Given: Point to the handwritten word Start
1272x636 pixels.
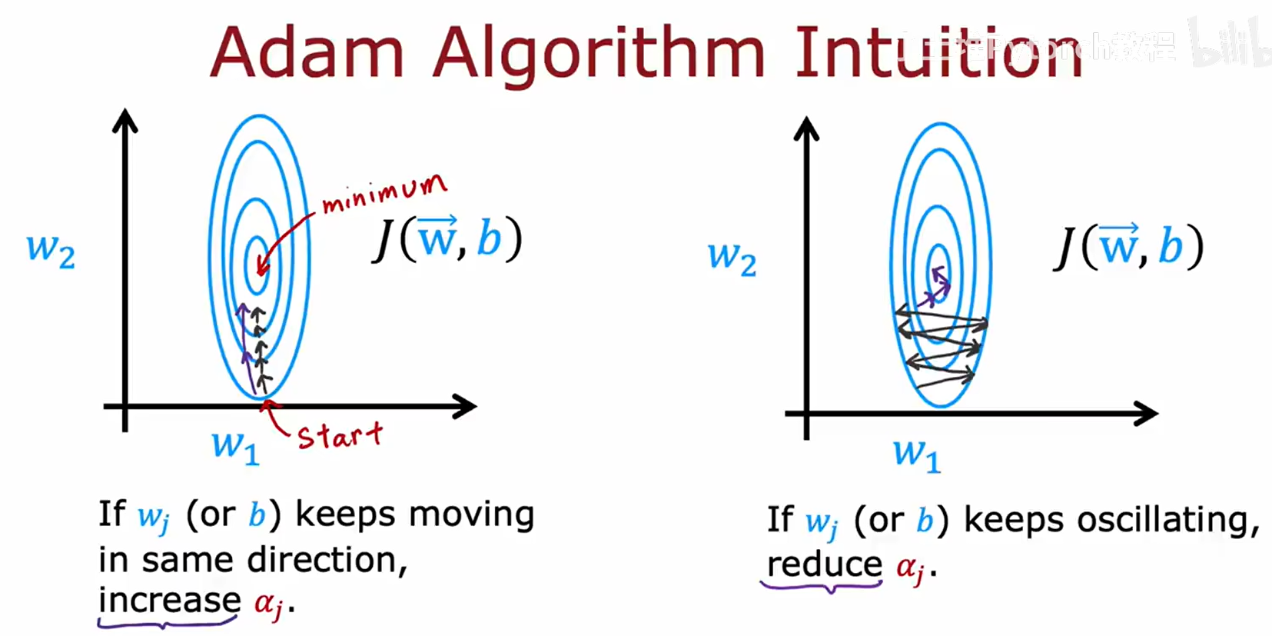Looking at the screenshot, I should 339,436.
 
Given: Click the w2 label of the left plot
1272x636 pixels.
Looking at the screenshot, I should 51,250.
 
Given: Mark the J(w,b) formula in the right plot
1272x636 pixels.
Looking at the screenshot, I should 1128,247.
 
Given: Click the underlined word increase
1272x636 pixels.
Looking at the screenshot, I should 169,600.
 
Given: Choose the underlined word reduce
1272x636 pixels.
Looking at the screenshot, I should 825,565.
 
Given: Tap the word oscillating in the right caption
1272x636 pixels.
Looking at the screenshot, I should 1167,520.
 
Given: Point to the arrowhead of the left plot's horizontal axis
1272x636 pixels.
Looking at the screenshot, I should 466,406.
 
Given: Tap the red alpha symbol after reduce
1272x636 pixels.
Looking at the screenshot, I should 911,568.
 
